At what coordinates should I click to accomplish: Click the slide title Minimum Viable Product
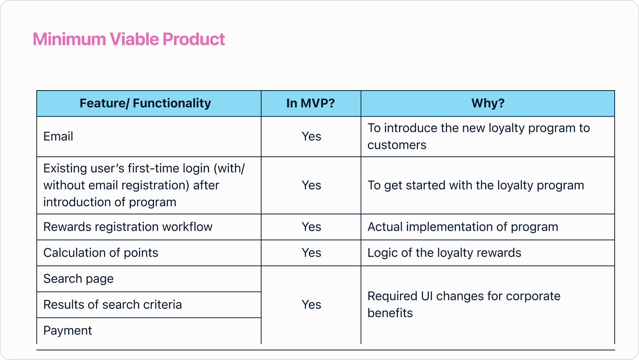pos(129,39)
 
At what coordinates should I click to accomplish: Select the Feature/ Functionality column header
pos(145,103)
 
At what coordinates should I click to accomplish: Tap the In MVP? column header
pos(311,103)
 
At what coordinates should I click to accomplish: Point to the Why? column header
pos(488,103)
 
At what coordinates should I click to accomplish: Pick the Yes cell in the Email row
pos(312,137)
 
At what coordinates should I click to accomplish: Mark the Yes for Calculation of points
pos(312,253)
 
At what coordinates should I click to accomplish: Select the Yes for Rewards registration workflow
pos(312,227)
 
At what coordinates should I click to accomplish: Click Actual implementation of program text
pos(463,227)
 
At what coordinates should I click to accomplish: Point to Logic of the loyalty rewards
pos(444,253)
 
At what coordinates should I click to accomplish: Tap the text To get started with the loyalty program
pos(476,185)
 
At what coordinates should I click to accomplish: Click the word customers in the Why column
pos(397,145)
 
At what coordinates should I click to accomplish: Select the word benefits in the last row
pos(390,313)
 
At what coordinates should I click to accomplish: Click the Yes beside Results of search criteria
pos(312,305)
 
